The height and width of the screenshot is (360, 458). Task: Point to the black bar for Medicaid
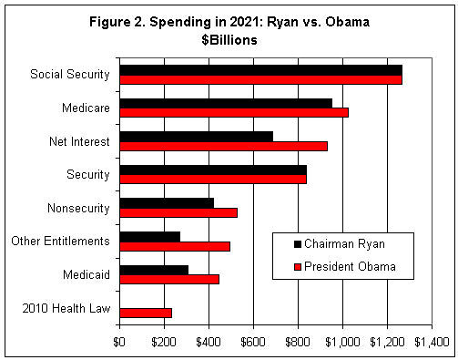pyautogui.click(x=154, y=270)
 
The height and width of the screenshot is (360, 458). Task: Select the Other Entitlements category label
pyautogui.click(x=60, y=242)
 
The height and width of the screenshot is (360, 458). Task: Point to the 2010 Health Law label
pyautogui.click(x=67, y=308)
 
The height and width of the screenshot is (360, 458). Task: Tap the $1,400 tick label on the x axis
pyautogui.click(x=431, y=342)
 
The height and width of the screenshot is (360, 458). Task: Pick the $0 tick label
pyautogui.click(x=119, y=342)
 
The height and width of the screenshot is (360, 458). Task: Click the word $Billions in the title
pyautogui.click(x=229, y=41)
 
